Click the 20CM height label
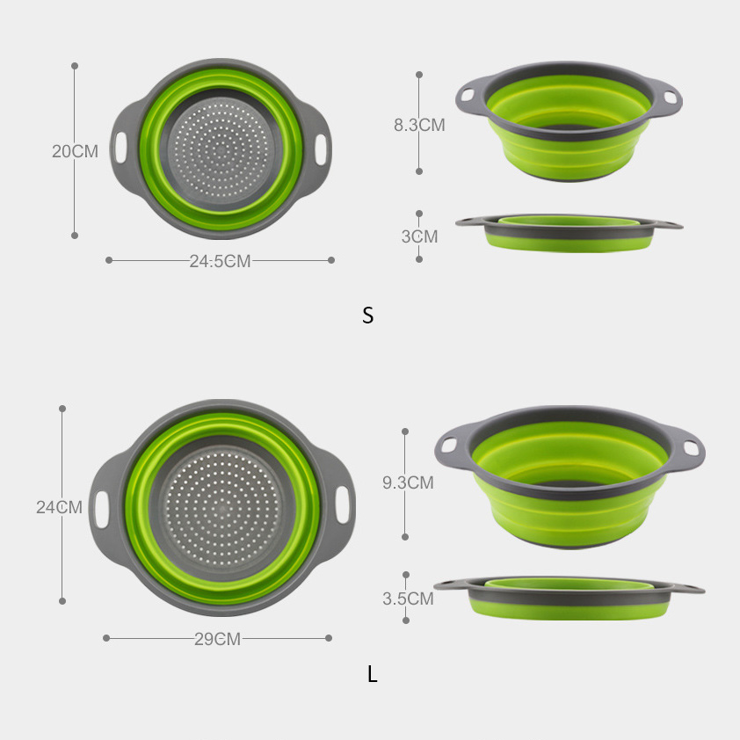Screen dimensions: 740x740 point(75,151)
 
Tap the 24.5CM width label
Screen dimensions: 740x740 point(220,261)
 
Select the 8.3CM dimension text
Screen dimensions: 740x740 point(419,125)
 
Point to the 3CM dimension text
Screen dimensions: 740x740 point(419,236)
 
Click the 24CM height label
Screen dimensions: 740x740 point(59,507)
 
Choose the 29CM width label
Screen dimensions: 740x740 point(217,639)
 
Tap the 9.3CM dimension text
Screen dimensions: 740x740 point(407,482)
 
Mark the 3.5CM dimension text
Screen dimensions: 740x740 point(408,599)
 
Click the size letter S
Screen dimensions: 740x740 point(367,316)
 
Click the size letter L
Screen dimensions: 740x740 point(373,675)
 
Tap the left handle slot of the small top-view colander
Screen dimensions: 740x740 point(120,146)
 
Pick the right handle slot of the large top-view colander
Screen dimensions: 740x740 point(343,506)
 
